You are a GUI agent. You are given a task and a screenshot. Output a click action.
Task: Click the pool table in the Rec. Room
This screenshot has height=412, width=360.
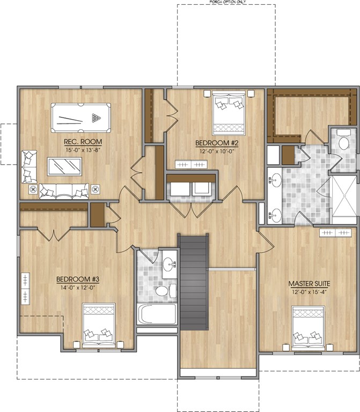click(80, 118)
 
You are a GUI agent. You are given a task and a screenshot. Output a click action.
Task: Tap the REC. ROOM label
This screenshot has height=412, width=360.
click(83, 142)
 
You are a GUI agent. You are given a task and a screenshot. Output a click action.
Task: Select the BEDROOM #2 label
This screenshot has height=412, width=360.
click(217, 143)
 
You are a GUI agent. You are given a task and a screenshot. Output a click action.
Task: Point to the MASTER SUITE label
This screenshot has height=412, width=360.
click(309, 284)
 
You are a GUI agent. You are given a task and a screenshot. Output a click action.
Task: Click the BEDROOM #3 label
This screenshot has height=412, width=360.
click(78, 279)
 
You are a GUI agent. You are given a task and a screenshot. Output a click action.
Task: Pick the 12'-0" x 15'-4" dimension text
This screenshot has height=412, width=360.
click(309, 292)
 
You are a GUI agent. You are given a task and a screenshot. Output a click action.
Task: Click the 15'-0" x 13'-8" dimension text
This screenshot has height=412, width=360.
click(83, 150)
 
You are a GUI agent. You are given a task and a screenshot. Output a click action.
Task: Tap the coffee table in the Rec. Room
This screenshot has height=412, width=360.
click(64, 166)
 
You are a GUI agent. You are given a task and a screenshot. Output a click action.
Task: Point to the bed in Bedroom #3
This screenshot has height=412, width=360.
click(99, 325)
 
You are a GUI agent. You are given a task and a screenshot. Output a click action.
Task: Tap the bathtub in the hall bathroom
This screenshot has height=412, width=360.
click(157, 314)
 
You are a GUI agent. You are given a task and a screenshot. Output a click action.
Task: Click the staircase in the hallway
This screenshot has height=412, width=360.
click(194, 283)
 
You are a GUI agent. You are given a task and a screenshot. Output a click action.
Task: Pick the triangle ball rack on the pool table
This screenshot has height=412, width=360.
click(97, 118)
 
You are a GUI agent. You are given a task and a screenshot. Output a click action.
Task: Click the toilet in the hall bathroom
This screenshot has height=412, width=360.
click(165, 291)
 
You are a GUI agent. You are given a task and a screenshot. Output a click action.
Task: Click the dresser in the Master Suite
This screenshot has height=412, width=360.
click(335, 233)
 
